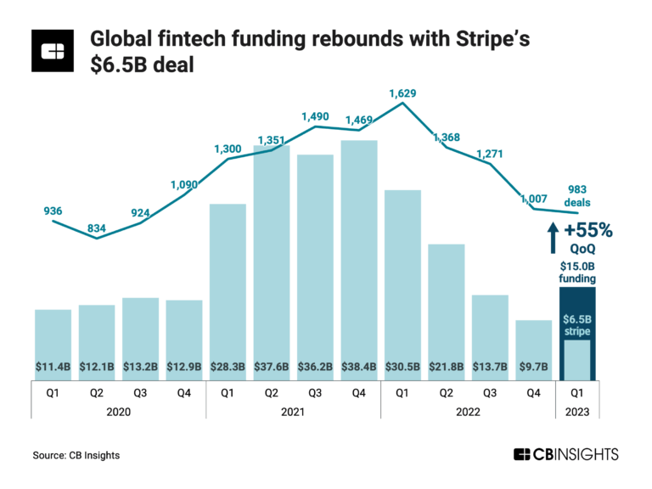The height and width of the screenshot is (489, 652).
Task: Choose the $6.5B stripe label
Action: click(x=577, y=325)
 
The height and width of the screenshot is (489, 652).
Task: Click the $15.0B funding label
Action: click(x=577, y=272)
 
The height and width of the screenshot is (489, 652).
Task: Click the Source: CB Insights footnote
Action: click(x=76, y=456)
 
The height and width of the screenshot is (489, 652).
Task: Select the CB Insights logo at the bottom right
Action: click(x=565, y=455)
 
